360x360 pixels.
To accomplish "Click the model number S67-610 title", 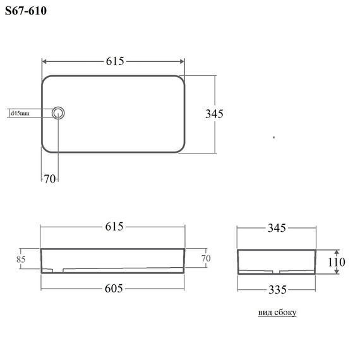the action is click(26, 11).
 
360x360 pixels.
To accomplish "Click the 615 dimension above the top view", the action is click(115, 61).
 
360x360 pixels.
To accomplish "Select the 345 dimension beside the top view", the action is click(214, 114).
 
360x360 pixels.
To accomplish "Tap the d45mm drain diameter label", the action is click(20, 113).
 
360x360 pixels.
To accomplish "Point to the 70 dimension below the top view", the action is click(50, 179).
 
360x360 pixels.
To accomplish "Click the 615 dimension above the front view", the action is click(114, 227).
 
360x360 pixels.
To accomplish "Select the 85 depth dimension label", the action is click(21, 260).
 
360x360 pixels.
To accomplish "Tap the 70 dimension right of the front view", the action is click(206, 258).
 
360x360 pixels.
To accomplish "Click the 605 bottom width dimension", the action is click(114, 289).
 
